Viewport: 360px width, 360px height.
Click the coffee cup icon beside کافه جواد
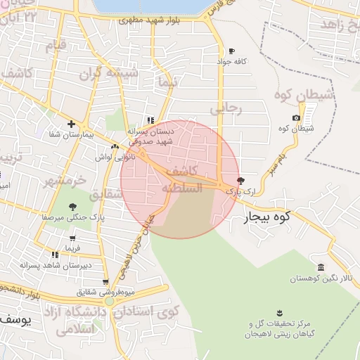click(232, 51)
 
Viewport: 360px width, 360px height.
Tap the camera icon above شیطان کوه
click(295, 117)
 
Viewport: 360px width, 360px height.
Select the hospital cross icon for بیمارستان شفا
click(71, 124)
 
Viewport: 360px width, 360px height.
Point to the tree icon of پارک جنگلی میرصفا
click(72, 206)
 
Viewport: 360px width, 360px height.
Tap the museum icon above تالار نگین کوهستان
click(321, 267)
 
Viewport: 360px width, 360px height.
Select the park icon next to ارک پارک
click(241, 181)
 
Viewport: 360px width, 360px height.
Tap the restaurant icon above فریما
click(55, 255)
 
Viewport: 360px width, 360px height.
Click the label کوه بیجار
click(267, 218)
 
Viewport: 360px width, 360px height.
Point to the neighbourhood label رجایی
click(226, 109)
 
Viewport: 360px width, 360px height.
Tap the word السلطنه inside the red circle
click(181, 188)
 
